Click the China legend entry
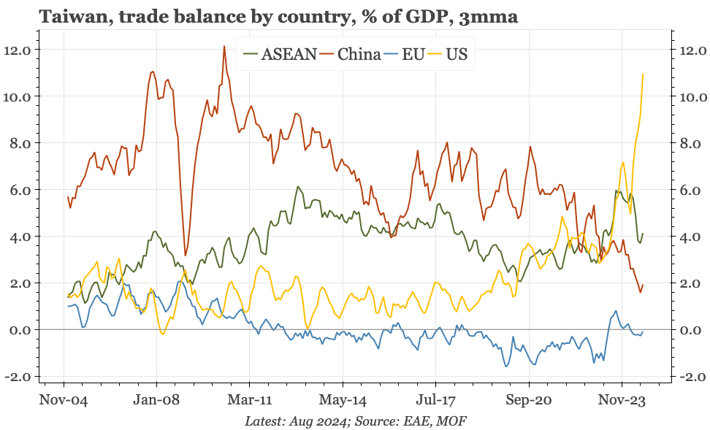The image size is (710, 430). pyautogui.click(x=359, y=53)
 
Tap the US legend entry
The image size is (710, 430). pyautogui.click(x=457, y=53)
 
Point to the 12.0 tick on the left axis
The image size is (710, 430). pyautogui.click(x=17, y=50)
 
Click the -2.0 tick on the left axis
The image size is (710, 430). pyautogui.click(x=17, y=377)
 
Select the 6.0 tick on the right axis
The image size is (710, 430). pyautogui.click(x=692, y=190)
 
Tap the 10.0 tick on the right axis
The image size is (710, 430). pyautogui.click(x=692, y=96)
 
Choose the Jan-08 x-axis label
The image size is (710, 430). pyautogui.click(x=156, y=400)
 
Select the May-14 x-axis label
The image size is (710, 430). pyautogui.click(x=343, y=400)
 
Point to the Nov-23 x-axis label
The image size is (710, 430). pyautogui.click(x=622, y=400)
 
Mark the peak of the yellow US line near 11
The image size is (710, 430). pyautogui.click(x=643, y=74)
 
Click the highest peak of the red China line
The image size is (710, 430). pyautogui.click(x=223, y=46)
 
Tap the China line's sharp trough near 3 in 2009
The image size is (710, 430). pyautogui.click(x=185, y=256)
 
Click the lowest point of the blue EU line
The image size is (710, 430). pyautogui.click(x=506, y=366)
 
